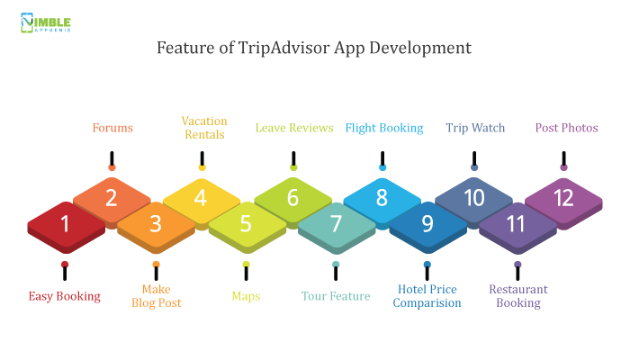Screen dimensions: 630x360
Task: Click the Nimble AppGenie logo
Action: click(x=46, y=22)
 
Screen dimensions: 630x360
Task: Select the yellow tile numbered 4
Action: click(x=202, y=202)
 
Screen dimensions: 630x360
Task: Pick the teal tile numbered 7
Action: click(x=337, y=228)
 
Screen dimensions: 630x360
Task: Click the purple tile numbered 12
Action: click(x=563, y=203)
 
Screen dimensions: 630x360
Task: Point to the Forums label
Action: click(x=112, y=128)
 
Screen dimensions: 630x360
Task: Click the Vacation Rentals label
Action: click(x=204, y=128)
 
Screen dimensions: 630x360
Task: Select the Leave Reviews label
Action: click(x=294, y=128)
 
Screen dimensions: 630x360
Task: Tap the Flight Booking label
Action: click(x=384, y=128)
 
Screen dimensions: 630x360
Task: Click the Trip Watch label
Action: click(x=475, y=128)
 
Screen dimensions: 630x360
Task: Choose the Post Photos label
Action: click(x=566, y=128)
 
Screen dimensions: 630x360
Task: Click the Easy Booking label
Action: click(x=64, y=296)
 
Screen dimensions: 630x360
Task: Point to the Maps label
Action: click(x=246, y=296)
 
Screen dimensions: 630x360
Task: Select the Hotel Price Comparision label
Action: click(x=427, y=296)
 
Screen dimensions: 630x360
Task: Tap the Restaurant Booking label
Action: click(x=518, y=296)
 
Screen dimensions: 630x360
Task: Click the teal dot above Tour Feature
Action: click(x=336, y=265)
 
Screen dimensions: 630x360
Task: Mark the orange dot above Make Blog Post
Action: click(x=157, y=265)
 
